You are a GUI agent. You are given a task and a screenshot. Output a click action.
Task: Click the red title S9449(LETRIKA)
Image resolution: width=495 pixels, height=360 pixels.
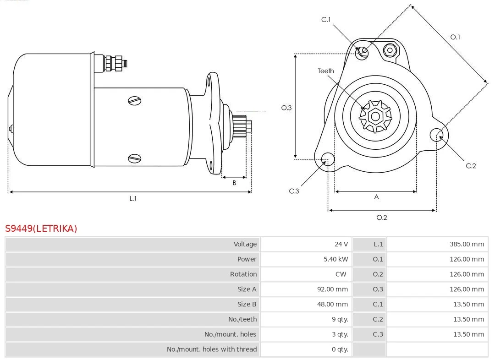pos(41,229)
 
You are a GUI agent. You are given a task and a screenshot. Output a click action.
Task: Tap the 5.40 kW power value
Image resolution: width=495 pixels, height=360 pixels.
pos(335,259)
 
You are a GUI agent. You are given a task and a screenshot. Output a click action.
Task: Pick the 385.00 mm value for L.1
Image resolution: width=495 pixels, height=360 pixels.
pos(467,244)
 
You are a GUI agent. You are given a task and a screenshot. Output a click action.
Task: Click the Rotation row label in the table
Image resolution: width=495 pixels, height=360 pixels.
pos(243,274)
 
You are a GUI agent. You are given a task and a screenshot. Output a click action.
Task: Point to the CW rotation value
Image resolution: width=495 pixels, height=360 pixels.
pos(341,274)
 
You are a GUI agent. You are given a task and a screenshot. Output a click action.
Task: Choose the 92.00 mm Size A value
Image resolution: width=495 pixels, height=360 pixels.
pos(332,289)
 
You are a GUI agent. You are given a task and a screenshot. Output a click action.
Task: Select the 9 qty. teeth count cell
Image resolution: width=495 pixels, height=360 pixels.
pos(340,319)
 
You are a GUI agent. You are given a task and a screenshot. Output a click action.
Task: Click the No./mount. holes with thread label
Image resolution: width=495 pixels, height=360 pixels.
pos(212,349)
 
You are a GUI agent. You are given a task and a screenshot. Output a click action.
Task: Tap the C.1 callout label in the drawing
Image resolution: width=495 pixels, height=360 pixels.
pos(326,20)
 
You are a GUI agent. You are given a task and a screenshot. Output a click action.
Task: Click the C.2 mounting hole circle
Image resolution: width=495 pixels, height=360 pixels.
pos(437,135)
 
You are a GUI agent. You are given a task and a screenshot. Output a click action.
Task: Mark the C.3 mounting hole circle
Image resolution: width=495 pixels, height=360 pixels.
pos(328,159)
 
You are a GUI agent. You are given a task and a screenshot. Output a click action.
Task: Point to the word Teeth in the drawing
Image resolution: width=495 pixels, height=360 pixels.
pos(326,71)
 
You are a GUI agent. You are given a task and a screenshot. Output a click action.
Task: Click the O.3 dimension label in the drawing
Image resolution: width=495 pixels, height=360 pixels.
pos(286,108)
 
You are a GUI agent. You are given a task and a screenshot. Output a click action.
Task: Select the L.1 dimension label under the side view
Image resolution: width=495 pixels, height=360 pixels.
pos(133,198)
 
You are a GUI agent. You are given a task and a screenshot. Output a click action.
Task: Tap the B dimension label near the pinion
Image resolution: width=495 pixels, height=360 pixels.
pos(234,183)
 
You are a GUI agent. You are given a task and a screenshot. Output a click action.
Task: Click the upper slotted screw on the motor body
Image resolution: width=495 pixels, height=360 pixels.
pos(134,101)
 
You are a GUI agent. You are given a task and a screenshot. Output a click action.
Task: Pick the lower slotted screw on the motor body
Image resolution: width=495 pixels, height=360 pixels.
pos(134,158)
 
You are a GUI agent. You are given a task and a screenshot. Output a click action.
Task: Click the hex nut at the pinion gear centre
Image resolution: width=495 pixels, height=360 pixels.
pos(375,116)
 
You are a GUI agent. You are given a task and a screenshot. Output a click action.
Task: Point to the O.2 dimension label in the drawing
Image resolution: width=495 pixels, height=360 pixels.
pos(382,218)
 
